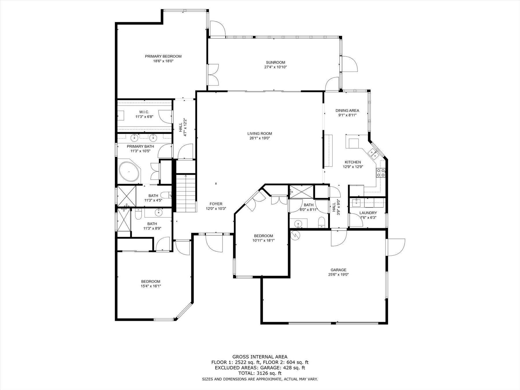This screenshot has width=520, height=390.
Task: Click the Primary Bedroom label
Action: (163, 56)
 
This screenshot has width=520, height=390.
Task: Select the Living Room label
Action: (259, 133)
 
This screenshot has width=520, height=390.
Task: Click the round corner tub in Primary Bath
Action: (129, 172)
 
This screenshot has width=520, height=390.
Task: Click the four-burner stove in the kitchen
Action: (380, 172)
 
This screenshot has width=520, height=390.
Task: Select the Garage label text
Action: (339, 270)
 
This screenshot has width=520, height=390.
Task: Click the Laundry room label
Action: (368, 213)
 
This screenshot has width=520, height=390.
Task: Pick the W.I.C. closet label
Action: (144, 112)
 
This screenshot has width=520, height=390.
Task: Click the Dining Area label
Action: (347, 110)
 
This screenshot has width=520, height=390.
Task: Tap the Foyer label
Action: (216, 204)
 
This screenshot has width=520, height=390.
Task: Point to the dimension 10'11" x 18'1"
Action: (263, 240)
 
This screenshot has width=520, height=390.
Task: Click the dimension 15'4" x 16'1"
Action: (151, 286)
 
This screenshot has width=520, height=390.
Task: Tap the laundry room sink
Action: (356, 203)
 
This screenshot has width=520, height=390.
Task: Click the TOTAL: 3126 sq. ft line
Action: (260, 373)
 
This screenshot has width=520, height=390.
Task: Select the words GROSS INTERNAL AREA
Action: (260, 357)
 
